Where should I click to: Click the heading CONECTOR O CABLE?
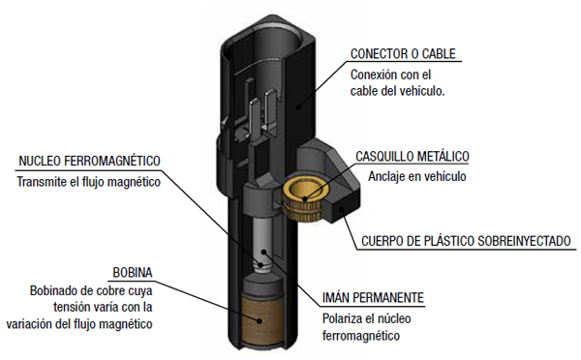pos(403,54)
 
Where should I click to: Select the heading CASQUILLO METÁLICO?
pos(413,157)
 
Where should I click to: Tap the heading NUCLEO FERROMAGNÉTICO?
pos(89,161)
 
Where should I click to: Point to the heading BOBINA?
pos(133,273)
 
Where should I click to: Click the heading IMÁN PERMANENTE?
pos(373,298)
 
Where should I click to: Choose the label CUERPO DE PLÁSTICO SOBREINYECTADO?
pos(466,241)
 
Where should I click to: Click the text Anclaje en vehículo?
pos(416,177)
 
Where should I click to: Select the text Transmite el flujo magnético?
pos(88,182)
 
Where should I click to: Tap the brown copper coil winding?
pos(262,320)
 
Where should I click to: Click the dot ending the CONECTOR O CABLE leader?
pos(298,107)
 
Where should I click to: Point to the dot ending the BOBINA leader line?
pos(260,321)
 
